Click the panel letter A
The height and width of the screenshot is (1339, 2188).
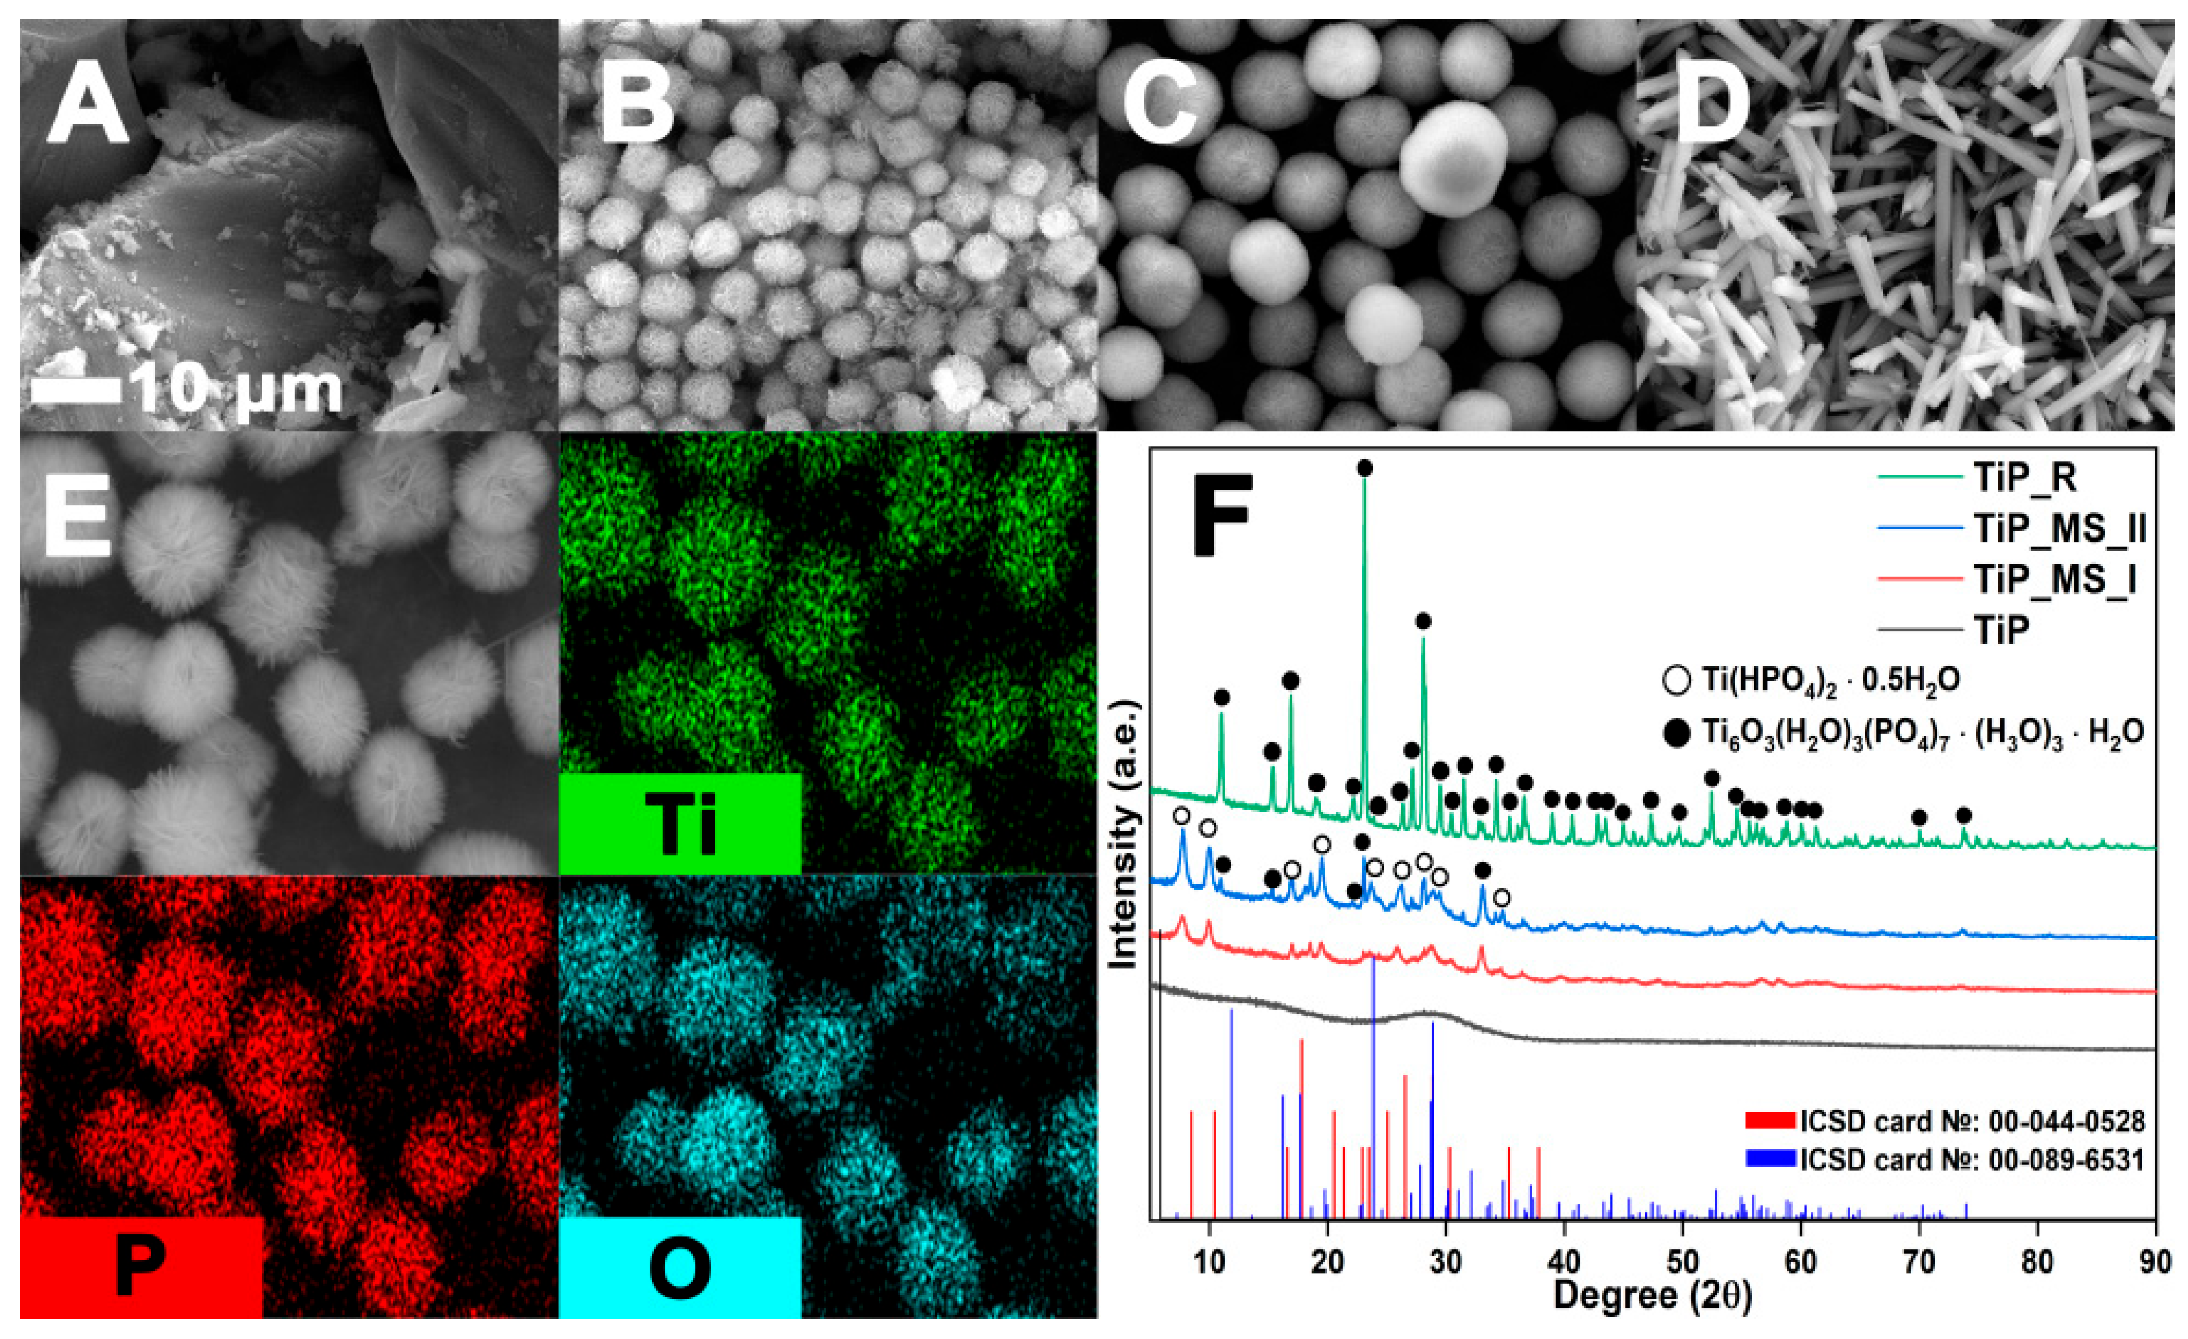(87, 108)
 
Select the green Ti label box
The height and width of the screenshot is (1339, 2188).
(680, 823)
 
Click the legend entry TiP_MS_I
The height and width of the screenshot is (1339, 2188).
(2054, 579)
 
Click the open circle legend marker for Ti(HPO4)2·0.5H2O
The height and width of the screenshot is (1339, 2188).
(1676, 680)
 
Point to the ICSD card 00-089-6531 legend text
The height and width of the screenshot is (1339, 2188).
(1971, 1160)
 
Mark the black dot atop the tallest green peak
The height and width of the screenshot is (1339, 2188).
(1365, 468)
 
